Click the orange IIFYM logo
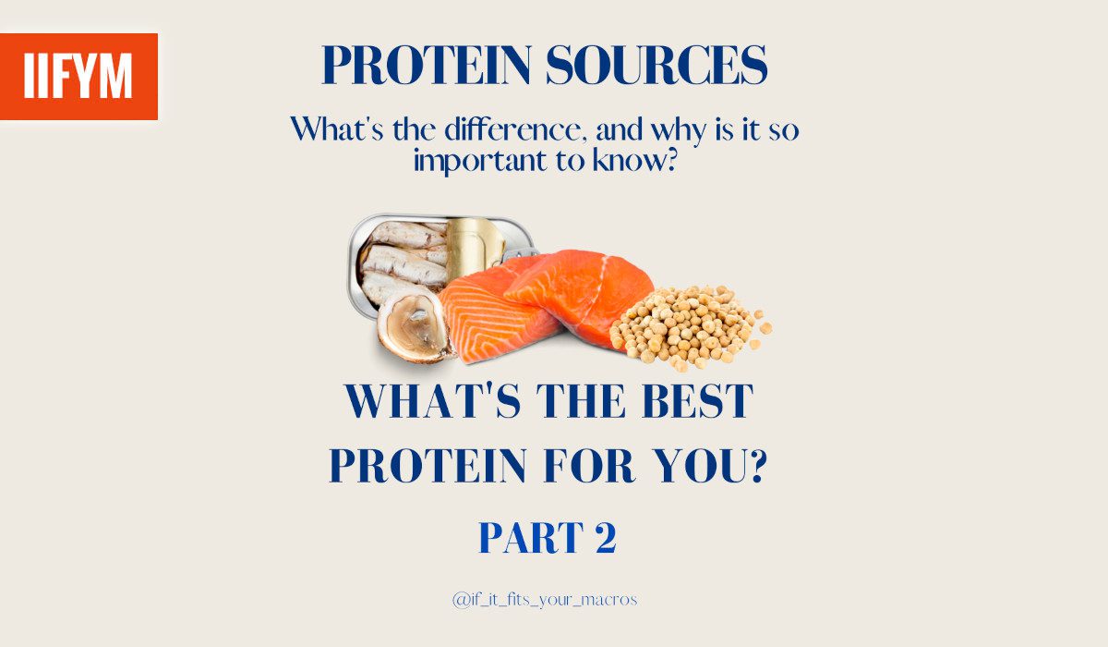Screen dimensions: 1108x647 pyautogui.click(x=78, y=77)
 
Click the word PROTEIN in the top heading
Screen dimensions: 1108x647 pyautogui.click(x=427, y=66)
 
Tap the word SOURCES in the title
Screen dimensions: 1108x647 pyautogui.click(x=656, y=66)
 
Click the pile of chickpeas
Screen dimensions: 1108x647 pyautogui.click(x=690, y=326)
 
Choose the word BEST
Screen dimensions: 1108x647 pyautogui.click(x=697, y=401)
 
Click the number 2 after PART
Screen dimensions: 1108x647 pyautogui.click(x=606, y=538)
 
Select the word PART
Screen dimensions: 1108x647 pyautogui.click(x=531, y=538)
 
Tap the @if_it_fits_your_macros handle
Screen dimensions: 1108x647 pyautogui.click(x=545, y=600)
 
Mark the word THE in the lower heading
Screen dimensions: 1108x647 pyautogui.click(x=581, y=401)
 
